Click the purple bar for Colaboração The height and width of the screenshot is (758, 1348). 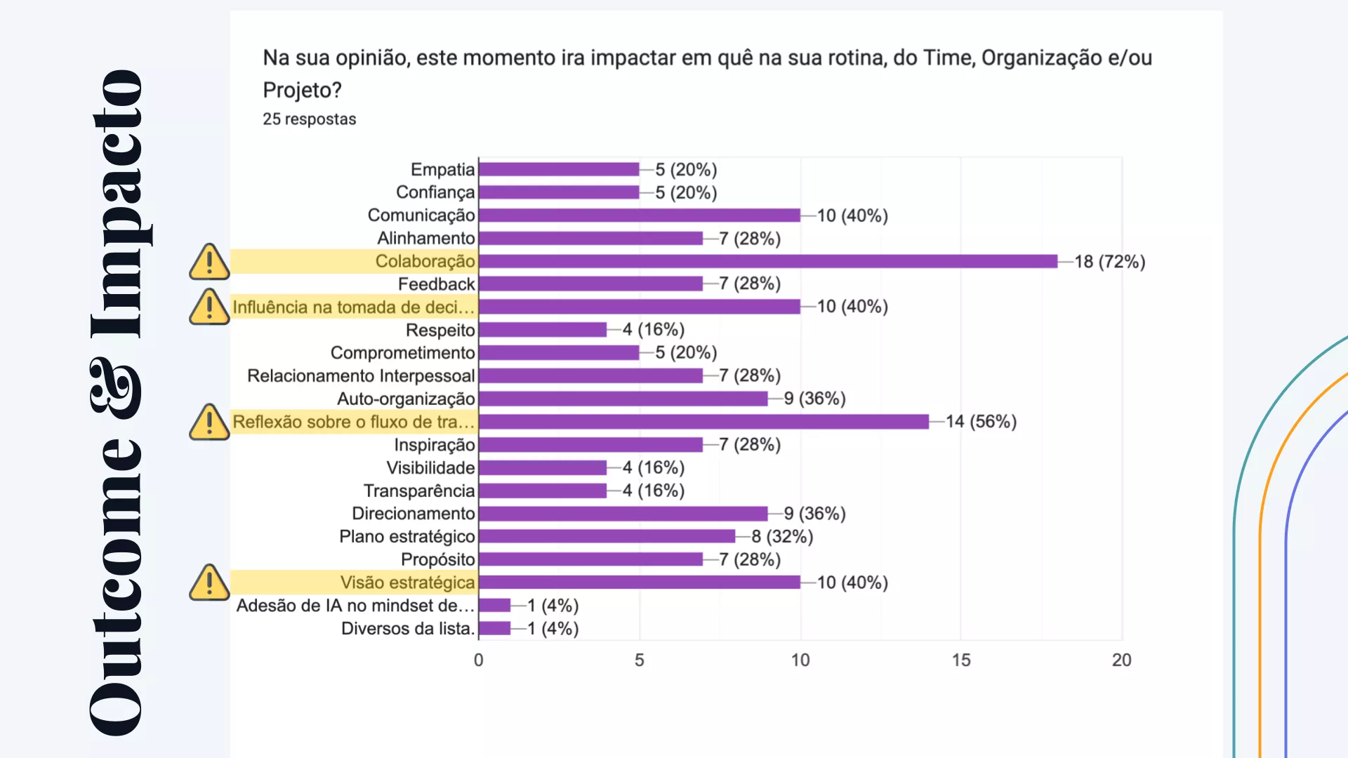(767, 261)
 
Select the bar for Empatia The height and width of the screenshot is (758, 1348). (559, 169)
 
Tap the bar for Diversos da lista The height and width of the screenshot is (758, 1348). (494, 628)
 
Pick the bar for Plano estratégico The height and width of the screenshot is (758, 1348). (607, 536)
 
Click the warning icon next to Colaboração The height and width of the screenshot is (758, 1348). (209, 262)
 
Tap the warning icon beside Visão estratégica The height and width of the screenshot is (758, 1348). (209, 583)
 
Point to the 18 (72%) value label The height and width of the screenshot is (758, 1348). (1109, 262)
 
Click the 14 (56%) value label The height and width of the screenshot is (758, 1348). (981, 422)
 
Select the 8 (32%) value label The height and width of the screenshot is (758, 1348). (782, 537)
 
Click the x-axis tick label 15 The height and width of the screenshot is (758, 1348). (960, 660)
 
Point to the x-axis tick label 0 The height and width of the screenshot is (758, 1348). (478, 660)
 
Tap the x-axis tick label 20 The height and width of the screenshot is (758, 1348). (1121, 660)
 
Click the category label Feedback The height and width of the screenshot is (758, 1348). (436, 284)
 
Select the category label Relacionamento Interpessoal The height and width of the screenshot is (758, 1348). (361, 376)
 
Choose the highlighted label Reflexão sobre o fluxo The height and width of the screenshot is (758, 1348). (354, 422)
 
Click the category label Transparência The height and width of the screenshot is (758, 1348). (419, 491)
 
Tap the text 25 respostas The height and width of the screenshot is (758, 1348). (309, 119)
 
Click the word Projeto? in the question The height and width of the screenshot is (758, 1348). (302, 90)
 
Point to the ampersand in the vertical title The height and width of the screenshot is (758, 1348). (117, 387)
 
